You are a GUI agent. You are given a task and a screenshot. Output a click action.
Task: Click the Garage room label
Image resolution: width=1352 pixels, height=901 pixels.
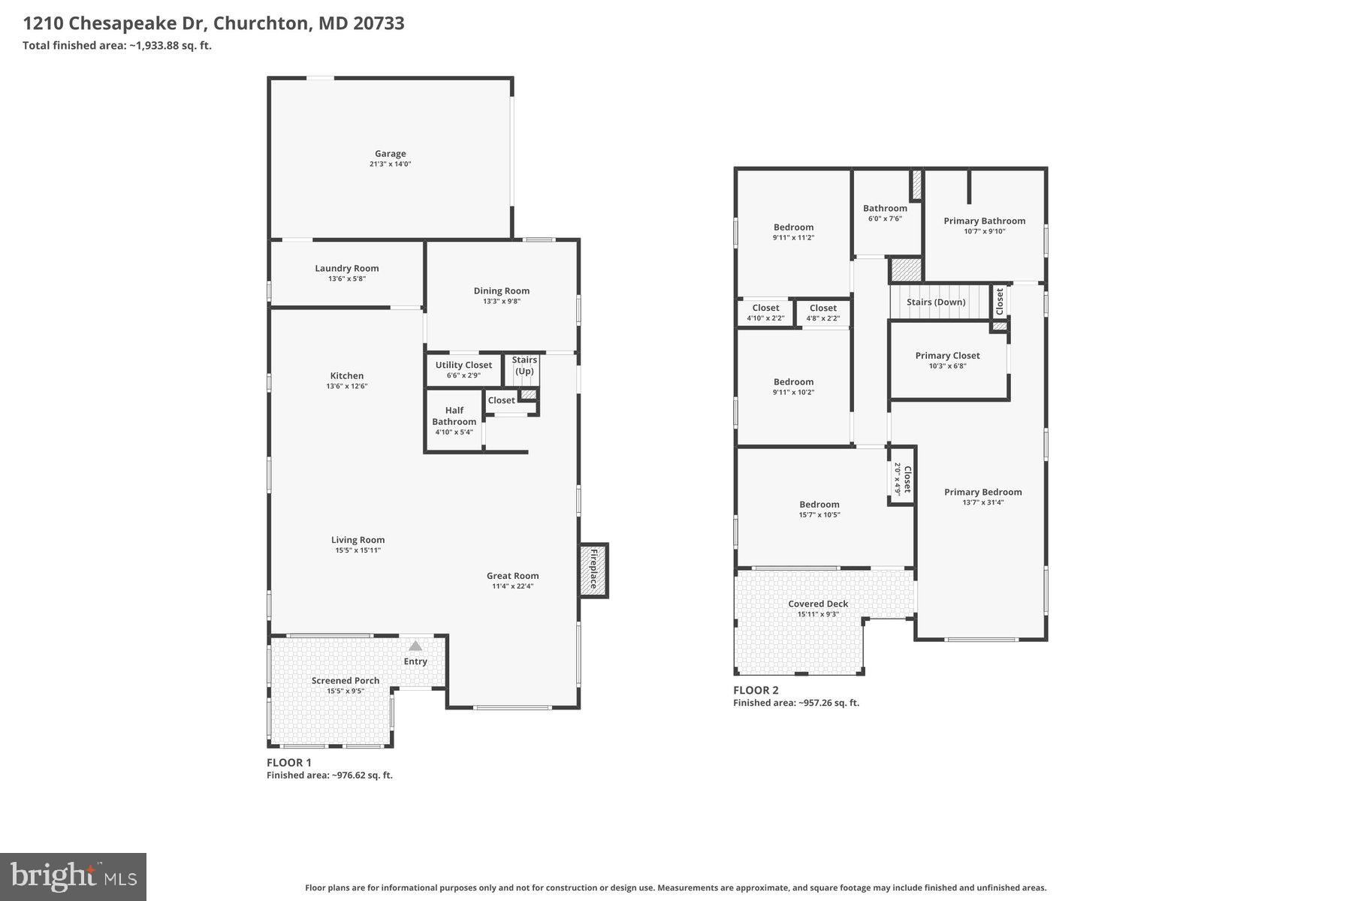(x=391, y=154)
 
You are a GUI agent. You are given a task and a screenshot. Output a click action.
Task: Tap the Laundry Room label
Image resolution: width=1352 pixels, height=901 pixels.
(x=347, y=268)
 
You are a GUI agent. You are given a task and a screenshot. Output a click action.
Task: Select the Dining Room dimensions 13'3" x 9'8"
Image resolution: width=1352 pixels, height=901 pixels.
(x=502, y=302)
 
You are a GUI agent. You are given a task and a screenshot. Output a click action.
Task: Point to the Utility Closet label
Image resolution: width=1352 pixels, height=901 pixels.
(x=463, y=365)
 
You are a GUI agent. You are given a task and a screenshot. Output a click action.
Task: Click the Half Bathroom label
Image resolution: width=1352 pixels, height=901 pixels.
(x=454, y=416)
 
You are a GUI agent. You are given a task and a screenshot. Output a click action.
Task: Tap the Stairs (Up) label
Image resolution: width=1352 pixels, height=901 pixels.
(x=524, y=366)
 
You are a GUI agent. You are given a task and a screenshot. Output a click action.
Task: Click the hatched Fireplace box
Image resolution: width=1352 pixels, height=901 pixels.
(x=593, y=571)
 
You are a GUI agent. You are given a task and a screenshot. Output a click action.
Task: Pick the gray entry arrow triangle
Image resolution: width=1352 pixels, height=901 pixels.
(x=415, y=645)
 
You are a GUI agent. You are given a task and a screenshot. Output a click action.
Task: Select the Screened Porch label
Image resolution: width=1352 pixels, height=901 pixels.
(x=346, y=681)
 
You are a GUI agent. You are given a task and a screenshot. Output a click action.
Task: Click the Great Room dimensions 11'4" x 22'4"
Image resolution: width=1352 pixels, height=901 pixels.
(x=513, y=586)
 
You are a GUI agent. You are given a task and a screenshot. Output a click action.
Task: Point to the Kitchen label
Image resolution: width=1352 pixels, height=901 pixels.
(x=347, y=375)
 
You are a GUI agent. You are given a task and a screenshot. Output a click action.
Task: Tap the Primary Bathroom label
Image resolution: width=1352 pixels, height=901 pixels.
(x=985, y=221)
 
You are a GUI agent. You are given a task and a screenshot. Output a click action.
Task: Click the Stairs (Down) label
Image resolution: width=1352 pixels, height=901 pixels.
(x=936, y=302)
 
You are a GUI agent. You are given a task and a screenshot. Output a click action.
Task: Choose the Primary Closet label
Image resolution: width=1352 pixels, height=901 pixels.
(x=948, y=355)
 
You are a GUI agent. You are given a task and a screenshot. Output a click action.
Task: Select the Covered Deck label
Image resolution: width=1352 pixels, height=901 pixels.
(x=818, y=604)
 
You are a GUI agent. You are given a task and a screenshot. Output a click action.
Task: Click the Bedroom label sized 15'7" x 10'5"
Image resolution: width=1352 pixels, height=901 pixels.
(x=819, y=505)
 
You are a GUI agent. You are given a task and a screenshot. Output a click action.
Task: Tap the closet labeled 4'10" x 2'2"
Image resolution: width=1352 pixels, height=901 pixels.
(x=765, y=312)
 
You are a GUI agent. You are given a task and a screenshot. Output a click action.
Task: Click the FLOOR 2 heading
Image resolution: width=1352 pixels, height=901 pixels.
(x=756, y=690)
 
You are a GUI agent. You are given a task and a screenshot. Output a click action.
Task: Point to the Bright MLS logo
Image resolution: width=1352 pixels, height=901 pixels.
(x=73, y=877)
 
